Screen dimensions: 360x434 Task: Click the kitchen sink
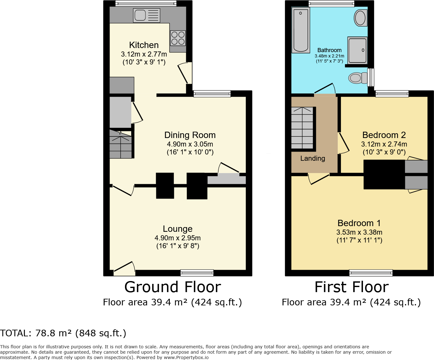(147, 15)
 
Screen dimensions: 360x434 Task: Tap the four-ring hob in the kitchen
(178, 38)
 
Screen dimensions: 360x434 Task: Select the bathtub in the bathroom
(300, 30)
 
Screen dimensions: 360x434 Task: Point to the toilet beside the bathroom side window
(357, 78)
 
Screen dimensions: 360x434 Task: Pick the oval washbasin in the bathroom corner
(360, 18)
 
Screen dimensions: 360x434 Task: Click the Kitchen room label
(144, 45)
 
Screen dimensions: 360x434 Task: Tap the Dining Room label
(190, 135)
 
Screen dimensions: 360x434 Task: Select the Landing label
(312, 159)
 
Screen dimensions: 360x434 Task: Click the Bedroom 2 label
(384, 135)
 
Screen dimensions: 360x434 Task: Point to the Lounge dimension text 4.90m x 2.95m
(177, 238)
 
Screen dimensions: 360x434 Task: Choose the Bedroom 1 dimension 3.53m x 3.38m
(359, 232)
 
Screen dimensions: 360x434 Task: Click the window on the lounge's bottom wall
(197, 273)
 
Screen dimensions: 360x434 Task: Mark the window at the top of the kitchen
(146, 3)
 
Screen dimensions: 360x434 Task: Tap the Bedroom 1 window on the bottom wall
(371, 273)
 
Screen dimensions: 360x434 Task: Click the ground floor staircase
(121, 144)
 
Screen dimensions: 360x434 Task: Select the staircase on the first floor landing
(302, 128)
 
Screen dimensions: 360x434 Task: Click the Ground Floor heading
(173, 287)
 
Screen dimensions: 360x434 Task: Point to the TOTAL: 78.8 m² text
(63, 333)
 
